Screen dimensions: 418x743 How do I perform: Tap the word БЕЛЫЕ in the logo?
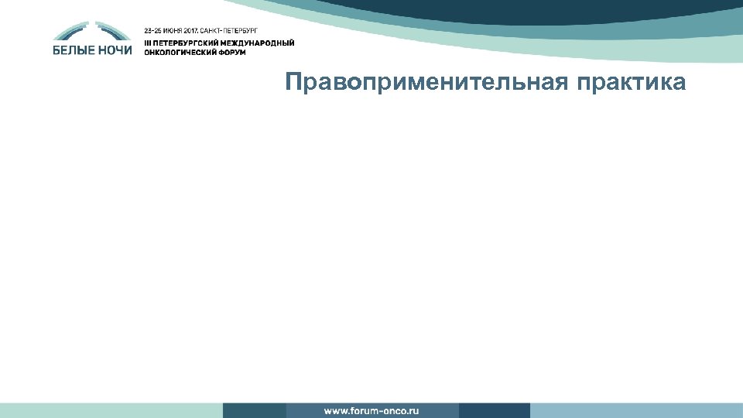(x=76, y=50)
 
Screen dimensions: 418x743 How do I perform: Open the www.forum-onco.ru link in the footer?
(x=371, y=410)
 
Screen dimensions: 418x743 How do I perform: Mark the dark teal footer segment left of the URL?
(x=254, y=410)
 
